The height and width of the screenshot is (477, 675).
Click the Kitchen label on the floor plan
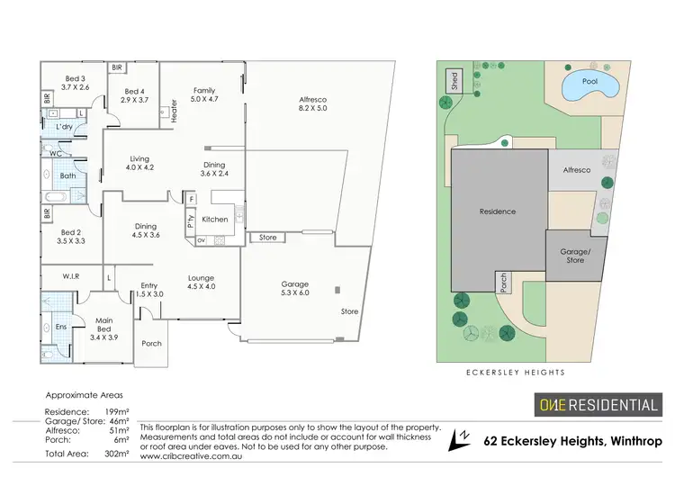pyautogui.click(x=214, y=220)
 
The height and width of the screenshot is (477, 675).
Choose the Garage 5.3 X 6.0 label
pyautogui.click(x=295, y=287)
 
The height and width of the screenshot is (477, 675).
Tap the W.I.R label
pyautogui.click(x=71, y=276)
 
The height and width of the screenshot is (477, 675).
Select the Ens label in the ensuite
pyautogui.click(x=61, y=327)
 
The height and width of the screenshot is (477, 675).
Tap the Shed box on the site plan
pyautogui.click(x=454, y=79)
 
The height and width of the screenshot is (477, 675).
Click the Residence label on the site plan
pyautogui.click(x=498, y=211)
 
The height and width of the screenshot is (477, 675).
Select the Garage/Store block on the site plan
pyautogui.click(x=574, y=255)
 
